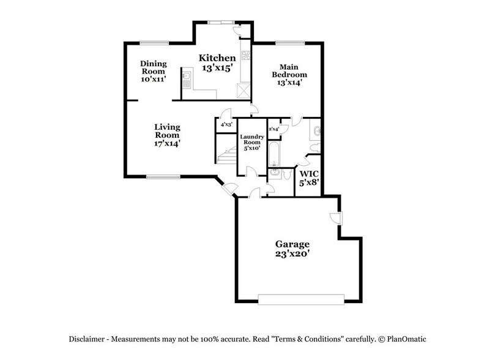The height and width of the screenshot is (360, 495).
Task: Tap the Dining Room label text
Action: (154, 71)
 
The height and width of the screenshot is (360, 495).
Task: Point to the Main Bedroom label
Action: (289, 74)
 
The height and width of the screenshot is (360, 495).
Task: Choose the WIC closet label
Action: (309, 178)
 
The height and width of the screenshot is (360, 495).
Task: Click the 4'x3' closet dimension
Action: (226, 126)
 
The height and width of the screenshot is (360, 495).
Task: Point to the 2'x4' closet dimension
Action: (274, 129)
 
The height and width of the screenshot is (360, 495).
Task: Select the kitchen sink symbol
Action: (187, 78)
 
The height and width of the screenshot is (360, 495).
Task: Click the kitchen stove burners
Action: (247, 56)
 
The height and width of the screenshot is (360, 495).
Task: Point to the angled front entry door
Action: (229, 189)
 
